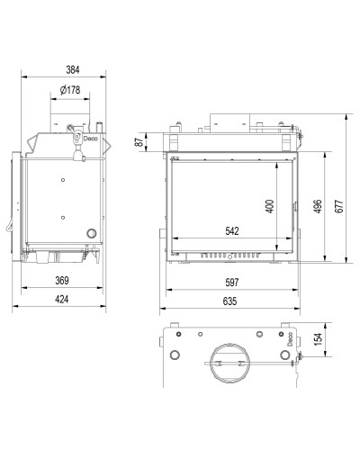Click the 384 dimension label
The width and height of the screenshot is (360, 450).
click(x=73, y=70)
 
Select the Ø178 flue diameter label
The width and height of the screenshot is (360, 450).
click(x=70, y=90)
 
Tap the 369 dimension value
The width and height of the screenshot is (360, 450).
click(x=62, y=281)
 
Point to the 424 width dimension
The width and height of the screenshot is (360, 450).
click(x=62, y=299)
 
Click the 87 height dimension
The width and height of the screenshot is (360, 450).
click(x=139, y=142)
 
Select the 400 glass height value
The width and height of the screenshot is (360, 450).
click(x=270, y=206)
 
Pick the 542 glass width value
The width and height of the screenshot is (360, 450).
click(x=232, y=230)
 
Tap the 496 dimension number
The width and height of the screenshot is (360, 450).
click(x=318, y=206)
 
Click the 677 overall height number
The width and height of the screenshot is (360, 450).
click(x=338, y=206)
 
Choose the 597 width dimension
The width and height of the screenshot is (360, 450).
click(x=232, y=283)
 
